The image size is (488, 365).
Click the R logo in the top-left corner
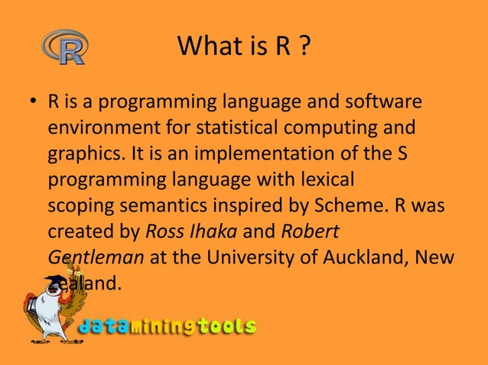click(x=64, y=47)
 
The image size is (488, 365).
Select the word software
click(x=382, y=102)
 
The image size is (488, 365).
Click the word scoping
click(x=80, y=206)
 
